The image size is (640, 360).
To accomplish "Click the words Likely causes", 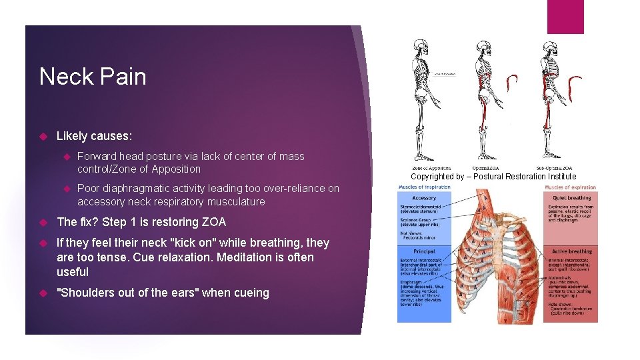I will coord(94,136).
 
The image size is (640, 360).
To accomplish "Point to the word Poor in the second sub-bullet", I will coord(89,189).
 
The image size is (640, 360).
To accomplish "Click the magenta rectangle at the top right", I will coord(565,17).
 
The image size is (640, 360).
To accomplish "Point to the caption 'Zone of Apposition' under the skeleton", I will coord(431,167).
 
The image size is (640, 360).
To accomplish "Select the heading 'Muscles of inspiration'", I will coord(424,187).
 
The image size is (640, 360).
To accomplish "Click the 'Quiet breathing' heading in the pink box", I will coord(571,197).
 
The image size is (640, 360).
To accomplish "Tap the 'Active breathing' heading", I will coord(571,251).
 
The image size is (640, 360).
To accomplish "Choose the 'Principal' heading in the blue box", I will coord(424,251).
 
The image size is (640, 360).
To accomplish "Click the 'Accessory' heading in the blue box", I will coord(424,197).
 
